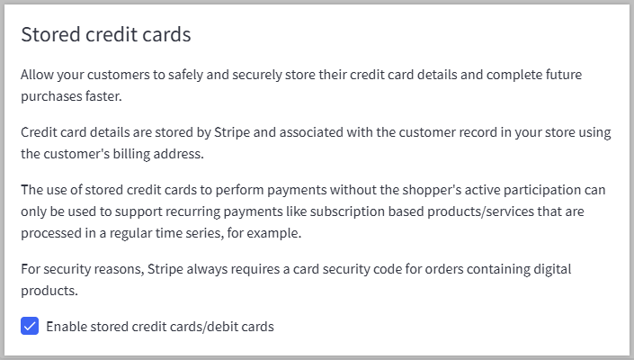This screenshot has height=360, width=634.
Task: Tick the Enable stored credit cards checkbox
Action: pyautogui.click(x=30, y=327)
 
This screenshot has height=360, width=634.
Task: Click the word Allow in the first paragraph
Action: pyautogui.click(x=38, y=74)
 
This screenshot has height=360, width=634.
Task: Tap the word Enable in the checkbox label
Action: pyautogui.click(x=67, y=327)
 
